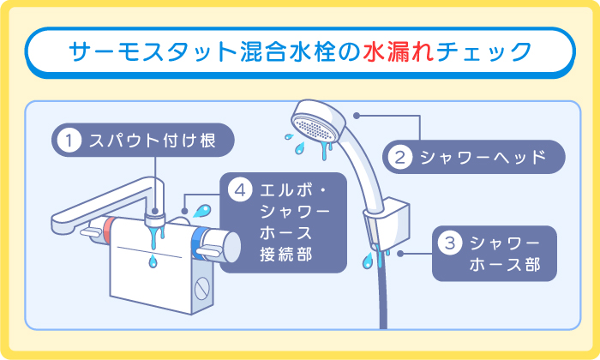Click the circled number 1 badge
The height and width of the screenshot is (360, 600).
coord(69,139)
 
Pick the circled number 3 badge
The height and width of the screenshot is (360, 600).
coord(449,243)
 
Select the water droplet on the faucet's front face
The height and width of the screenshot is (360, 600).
coord(152,259)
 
